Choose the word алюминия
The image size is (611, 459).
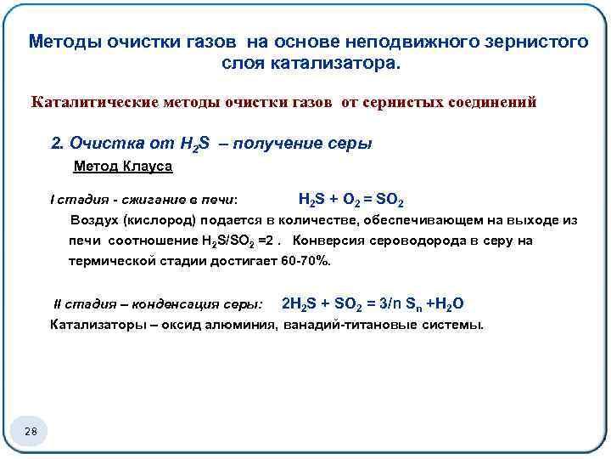244,324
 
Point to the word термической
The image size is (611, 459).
111,260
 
